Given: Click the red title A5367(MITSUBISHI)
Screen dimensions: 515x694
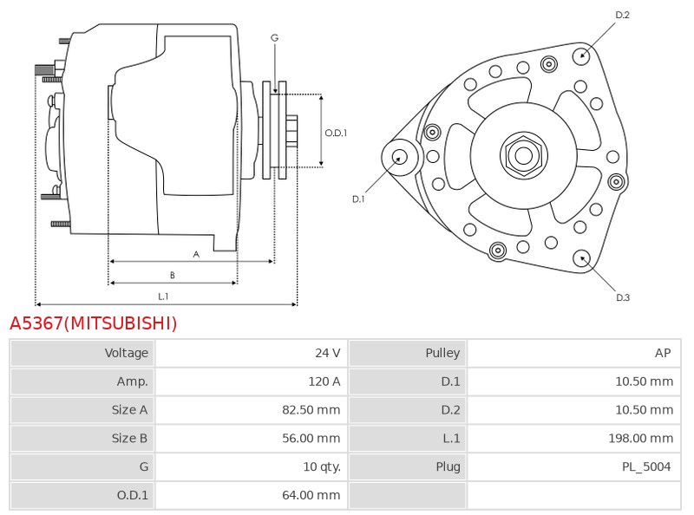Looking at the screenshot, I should pyautogui.click(x=93, y=323).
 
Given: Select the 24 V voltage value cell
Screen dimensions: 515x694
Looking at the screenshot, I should pyautogui.click(x=327, y=353).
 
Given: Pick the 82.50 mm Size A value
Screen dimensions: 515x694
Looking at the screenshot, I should pyautogui.click(x=311, y=410).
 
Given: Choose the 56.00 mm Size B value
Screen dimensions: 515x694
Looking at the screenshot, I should pyautogui.click(x=311, y=439).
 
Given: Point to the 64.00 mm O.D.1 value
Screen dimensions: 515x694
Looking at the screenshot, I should pyautogui.click(x=311, y=495).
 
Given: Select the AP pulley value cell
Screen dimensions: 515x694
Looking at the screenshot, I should pyautogui.click(x=663, y=353).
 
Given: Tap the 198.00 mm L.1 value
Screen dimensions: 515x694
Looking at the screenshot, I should pyautogui.click(x=641, y=439).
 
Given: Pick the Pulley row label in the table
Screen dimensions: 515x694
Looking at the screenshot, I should pyautogui.click(x=442, y=353).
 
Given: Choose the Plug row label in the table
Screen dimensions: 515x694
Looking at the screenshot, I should pyautogui.click(x=448, y=466).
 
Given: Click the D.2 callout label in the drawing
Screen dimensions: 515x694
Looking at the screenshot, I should pyautogui.click(x=622, y=15).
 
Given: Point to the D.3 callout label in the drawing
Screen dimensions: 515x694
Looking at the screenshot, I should pyautogui.click(x=622, y=297).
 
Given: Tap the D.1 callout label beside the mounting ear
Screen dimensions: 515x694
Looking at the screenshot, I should pyautogui.click(x=358, y=199).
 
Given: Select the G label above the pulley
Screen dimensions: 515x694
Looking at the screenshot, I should pyautogui.click(x=274, y=37).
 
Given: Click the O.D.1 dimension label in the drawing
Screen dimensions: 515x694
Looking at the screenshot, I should pyautogui.click(x=336, y=133).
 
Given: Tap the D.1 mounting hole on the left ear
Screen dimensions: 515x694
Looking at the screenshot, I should pyautogui.click(x=400, y=157).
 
